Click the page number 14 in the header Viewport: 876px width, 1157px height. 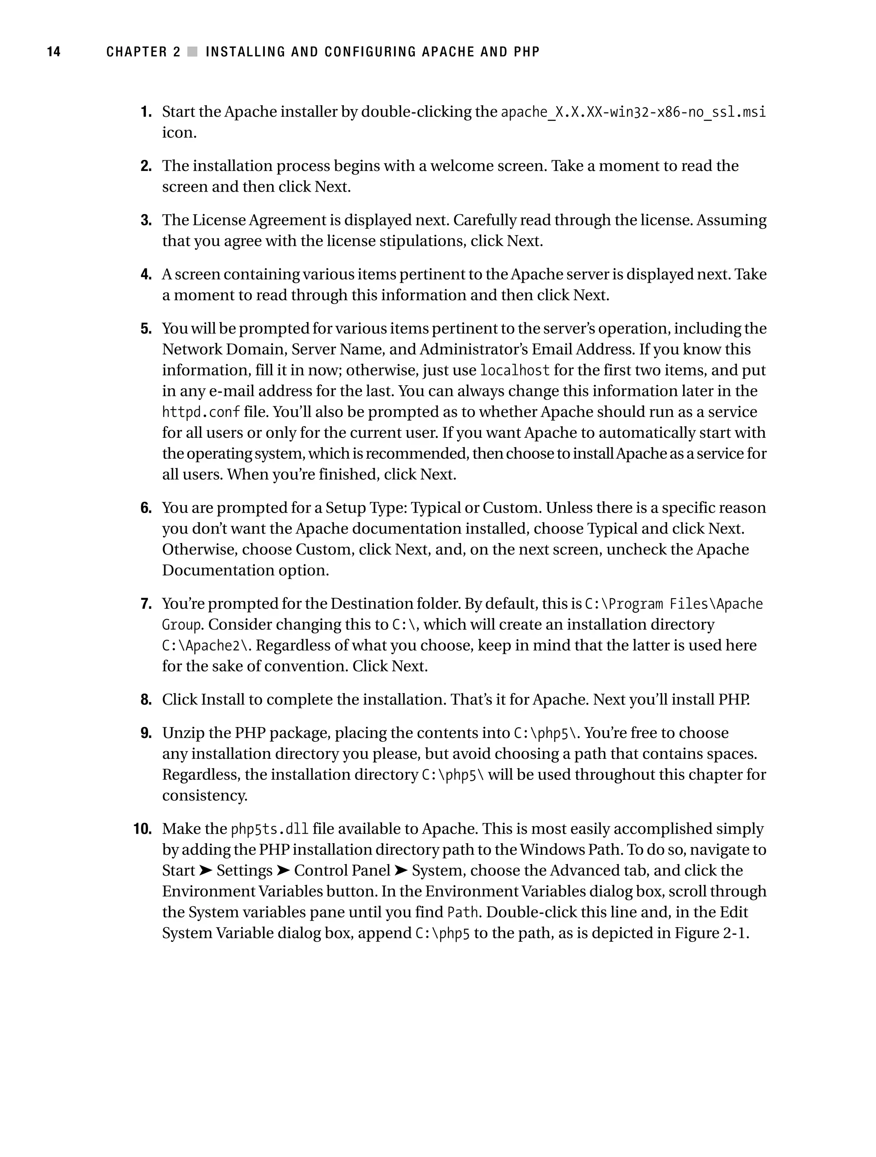[54, 52]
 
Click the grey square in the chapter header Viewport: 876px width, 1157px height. [192, 52]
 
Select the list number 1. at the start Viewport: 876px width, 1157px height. [146, 112]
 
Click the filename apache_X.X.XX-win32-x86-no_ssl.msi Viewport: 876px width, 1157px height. [633, 112]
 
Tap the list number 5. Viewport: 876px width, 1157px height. [146, 328]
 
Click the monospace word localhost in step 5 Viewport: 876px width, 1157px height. [515, 371]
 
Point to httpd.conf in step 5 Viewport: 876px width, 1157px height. [201, 412]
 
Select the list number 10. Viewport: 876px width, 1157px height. [142, 829]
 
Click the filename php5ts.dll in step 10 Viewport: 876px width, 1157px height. [269, 829]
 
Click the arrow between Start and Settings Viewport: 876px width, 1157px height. [206, 871]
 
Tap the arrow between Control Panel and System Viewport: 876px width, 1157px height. [401, 871]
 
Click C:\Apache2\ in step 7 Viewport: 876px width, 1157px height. [207, 646]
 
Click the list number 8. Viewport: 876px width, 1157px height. [146, 700]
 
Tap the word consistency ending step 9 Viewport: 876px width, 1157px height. [204, 796]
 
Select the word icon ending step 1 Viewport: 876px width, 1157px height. [179, 133]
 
